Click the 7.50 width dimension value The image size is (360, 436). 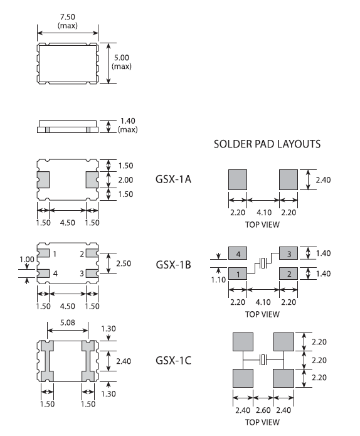[x=68, y=17]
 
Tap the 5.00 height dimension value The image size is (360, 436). [x=122, y=58]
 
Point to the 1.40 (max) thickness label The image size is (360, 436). [x=127, y=125]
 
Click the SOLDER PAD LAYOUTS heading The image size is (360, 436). [x=267, y=144]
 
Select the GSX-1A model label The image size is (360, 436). [x=174, y=179]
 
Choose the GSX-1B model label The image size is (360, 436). [x=174, y=265]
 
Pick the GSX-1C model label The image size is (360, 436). [x=174, y=360]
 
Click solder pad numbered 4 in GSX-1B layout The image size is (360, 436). [x=238, y=253]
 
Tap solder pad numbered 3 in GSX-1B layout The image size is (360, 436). [x=289, y=253]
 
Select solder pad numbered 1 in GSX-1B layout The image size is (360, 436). [x=238, y=274]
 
